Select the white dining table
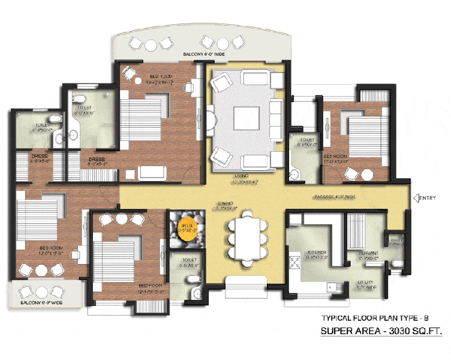pos(247,238)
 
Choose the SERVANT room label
pos(368,253)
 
